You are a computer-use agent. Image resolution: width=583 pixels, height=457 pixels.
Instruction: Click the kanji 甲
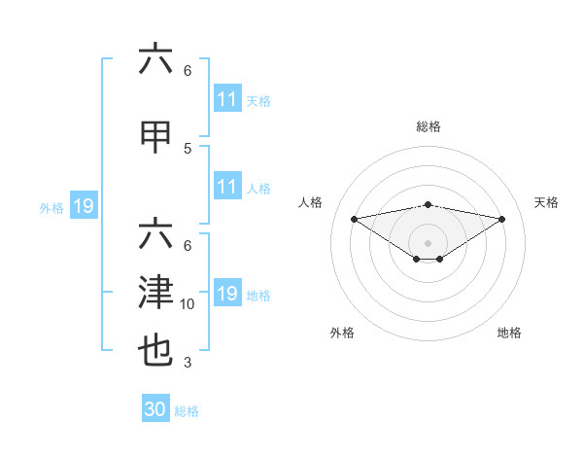tap(155, 138)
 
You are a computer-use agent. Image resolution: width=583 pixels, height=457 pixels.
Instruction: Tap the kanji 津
tap(155, 293)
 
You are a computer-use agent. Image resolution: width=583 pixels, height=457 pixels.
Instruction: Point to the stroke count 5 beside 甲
tap(188, 148)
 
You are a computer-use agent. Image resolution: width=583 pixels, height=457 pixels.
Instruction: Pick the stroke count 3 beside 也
tap(188, 363)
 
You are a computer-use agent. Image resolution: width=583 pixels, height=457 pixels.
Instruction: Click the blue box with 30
tap(155, 409)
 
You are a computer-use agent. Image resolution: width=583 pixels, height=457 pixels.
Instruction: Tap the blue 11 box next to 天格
tap(227, 99)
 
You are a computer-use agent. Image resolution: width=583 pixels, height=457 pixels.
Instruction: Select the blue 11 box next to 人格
tap(227, 187)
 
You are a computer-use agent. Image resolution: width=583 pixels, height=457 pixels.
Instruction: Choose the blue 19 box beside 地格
tap(227, 294)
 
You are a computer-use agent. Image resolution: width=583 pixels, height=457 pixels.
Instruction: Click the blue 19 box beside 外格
tap(83, 206)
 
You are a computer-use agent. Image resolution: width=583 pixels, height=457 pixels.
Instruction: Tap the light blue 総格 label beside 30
tap(187, 411)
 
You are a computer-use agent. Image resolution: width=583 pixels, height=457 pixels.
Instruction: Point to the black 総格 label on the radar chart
tap(429, 126)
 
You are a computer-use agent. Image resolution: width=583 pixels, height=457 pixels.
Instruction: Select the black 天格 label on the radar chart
tap(546, 202)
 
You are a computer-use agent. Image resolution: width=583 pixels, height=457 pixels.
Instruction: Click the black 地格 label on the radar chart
tap(509, 333)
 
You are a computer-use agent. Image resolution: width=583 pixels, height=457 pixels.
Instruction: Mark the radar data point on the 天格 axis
tap(501, 219)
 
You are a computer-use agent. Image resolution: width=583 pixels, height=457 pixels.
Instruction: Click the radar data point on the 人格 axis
tap(354, 219)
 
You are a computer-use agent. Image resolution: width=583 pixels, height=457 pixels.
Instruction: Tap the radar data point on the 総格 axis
tap(428, 204)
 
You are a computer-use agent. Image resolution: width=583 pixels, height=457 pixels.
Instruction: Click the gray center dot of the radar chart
tap(428, 242)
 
